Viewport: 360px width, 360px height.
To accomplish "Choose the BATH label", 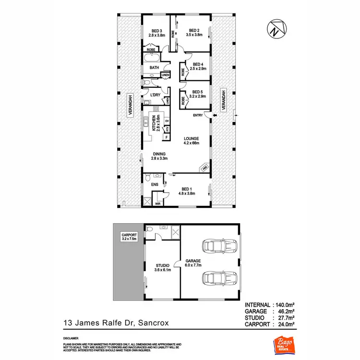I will [154, 68].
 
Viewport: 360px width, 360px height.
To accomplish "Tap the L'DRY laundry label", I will [155, 95].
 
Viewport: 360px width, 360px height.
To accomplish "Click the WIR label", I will [157, 204].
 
